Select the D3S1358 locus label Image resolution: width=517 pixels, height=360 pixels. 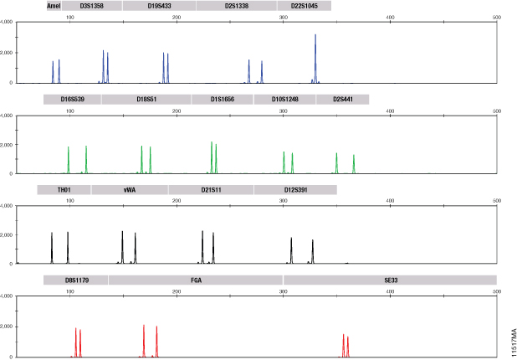point(92,6)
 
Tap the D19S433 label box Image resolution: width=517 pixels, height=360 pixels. point(159,6)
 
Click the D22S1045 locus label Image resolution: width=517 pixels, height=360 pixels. point(304,6)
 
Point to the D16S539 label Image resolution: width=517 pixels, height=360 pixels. point(73,100)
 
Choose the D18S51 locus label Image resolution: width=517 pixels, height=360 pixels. point(146,100)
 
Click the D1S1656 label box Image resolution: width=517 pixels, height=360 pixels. point(223,100)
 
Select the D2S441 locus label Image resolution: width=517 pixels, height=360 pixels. point(342,100)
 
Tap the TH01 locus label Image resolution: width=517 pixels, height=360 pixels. point(64,190)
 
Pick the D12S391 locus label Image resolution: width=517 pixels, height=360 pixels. point(295,190)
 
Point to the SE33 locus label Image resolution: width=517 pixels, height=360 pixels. point(390,280)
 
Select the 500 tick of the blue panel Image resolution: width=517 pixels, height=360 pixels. point(497,17)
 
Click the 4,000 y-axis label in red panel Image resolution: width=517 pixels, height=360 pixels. point(7,296)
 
